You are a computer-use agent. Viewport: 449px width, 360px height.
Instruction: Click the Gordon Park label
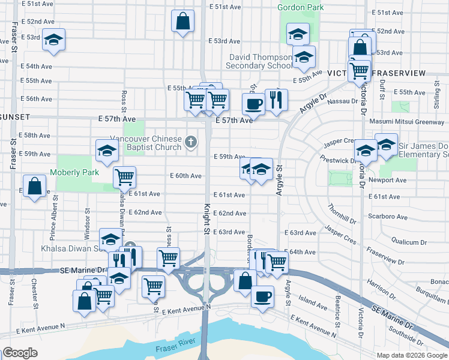300,7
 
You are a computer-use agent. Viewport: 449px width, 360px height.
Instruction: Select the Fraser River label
173,349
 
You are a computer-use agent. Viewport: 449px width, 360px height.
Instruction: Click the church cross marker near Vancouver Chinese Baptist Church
191,142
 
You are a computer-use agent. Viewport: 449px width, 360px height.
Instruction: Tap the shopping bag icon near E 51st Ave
183,22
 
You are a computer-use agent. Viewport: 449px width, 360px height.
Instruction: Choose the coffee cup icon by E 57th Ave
253,104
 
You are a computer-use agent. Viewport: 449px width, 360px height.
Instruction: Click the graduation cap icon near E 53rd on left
54,40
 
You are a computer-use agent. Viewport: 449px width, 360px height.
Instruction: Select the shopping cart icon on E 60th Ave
124,177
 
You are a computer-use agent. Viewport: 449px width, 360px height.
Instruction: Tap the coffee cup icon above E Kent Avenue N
262,296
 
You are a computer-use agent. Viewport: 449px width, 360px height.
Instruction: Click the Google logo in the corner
20,353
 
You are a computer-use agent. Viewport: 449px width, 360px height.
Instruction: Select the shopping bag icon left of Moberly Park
35,187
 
